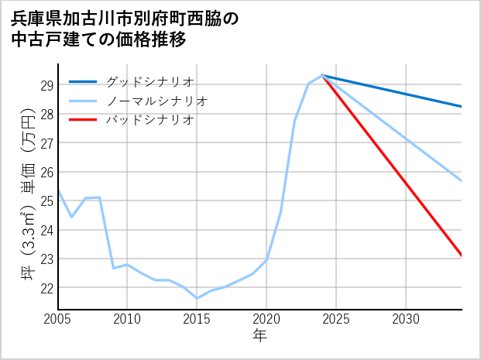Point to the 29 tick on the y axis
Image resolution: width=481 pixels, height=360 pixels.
pyautogui.click(x=46, y=85)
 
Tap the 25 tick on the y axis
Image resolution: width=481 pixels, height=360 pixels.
pyautogui.click(x=46, y=201)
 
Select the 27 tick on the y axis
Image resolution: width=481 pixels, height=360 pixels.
pyautogui.click(x=46, y=143)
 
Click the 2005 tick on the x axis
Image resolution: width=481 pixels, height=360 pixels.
pyautogui.click(x=58, y=319)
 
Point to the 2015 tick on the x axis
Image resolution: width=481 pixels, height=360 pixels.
pyautogui.click(x=197, y=319)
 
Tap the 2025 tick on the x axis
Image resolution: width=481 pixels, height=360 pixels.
pyautogui.click(x=336, y=319)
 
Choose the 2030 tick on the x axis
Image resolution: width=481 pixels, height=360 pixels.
pyautogui.click(x=406, y=319)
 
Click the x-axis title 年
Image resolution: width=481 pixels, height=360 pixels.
pyautogui.click(x=260, y=336)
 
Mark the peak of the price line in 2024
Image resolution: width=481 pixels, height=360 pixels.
pyautogui.click(x=322, y=75)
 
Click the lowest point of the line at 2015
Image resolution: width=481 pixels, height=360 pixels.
pyautogui.click(x=197, y=298)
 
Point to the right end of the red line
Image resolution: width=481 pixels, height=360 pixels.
pyautogui.click(x=462, y=255)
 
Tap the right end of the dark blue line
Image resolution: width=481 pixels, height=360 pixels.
pyautogui.click(x=462, y=106)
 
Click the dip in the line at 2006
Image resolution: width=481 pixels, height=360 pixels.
pyautogui.click(x=72, y=217)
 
